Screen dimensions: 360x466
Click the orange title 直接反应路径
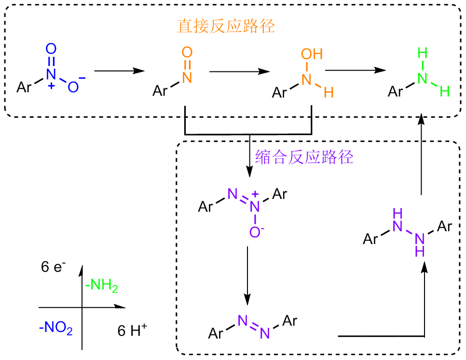(x=226, y=26)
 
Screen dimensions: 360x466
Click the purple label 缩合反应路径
(x=304, y=157)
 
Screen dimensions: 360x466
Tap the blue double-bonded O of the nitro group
(x=51, y=48)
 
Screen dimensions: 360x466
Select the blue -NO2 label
(x=56, y=330)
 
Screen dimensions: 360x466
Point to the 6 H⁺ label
(x=132, y=331)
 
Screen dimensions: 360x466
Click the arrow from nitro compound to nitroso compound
(x=119, y=70)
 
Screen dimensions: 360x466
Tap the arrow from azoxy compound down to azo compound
(x=247, y=275)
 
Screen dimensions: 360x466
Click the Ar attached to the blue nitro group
(x=25, y=87)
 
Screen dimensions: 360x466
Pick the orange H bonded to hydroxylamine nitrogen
(x=329, y=92)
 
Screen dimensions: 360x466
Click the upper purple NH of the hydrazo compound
(x=398, y=220)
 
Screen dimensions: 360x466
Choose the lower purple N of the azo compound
(x=265, y=332)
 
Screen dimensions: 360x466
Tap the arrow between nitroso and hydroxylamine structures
(x=239, y=71)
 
